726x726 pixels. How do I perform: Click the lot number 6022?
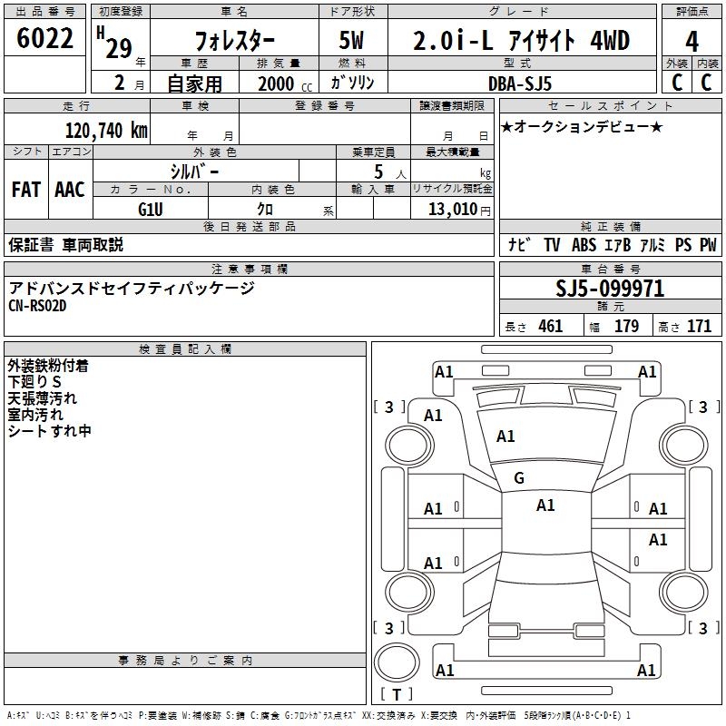[45, 40]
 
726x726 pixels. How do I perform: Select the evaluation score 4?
[692, 42]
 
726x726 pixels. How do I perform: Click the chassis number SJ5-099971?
[610, 289]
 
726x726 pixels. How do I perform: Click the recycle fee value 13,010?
[452, 209]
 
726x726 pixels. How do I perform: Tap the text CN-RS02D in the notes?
[37, 306]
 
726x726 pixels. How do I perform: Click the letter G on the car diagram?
[519, 477]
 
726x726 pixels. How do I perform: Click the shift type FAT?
[26, 189]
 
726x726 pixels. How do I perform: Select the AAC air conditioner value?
[70, 189]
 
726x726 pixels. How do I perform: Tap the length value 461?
[550, 326]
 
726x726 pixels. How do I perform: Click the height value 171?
[699, 326]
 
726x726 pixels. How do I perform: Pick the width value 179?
[626, 326]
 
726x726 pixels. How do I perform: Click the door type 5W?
[353, 42]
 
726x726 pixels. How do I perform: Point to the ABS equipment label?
[584, 245]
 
